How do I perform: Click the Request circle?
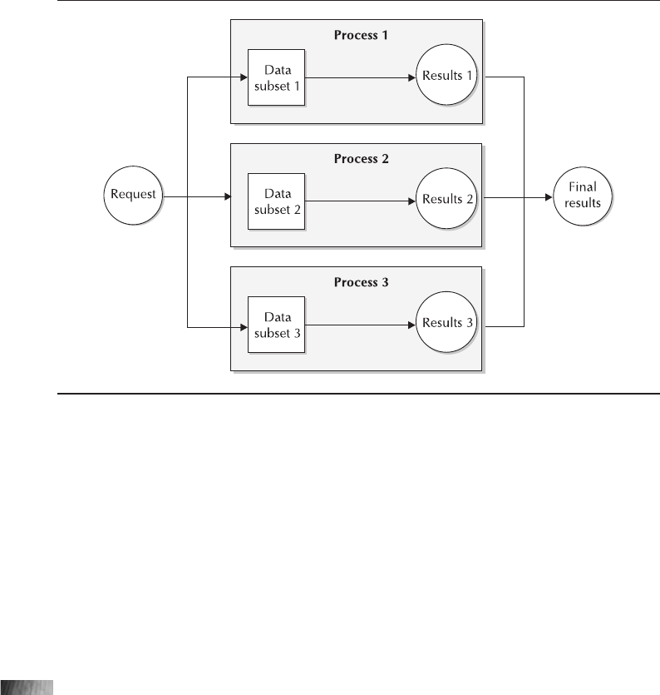pos(134,196)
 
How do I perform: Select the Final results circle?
pos(585,196)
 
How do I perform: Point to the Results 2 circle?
pos(449,199)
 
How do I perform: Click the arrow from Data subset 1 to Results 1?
pos(357,77)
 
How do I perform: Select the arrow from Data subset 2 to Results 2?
pos(357,201)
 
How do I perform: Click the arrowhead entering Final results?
pos(549,197)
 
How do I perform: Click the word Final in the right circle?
pos(585,188)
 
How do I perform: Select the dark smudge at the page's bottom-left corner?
pos(27,687)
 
